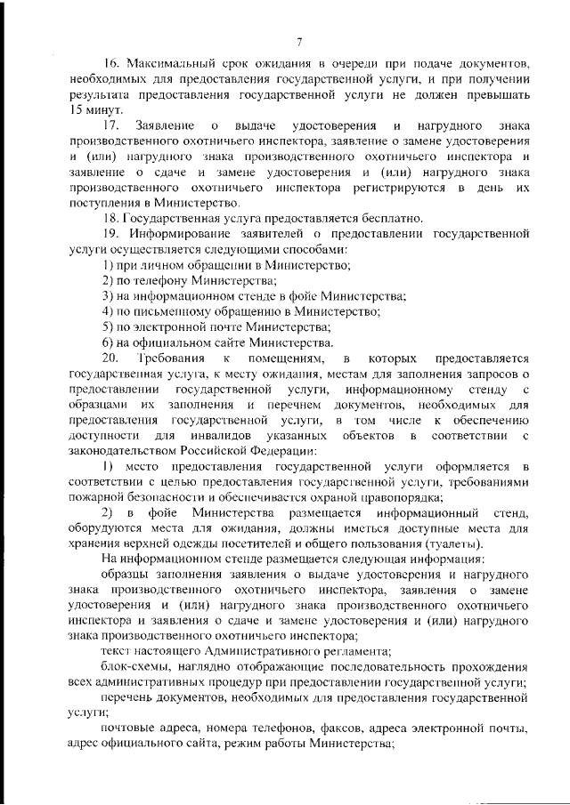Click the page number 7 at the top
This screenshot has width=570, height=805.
coord(300,41)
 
